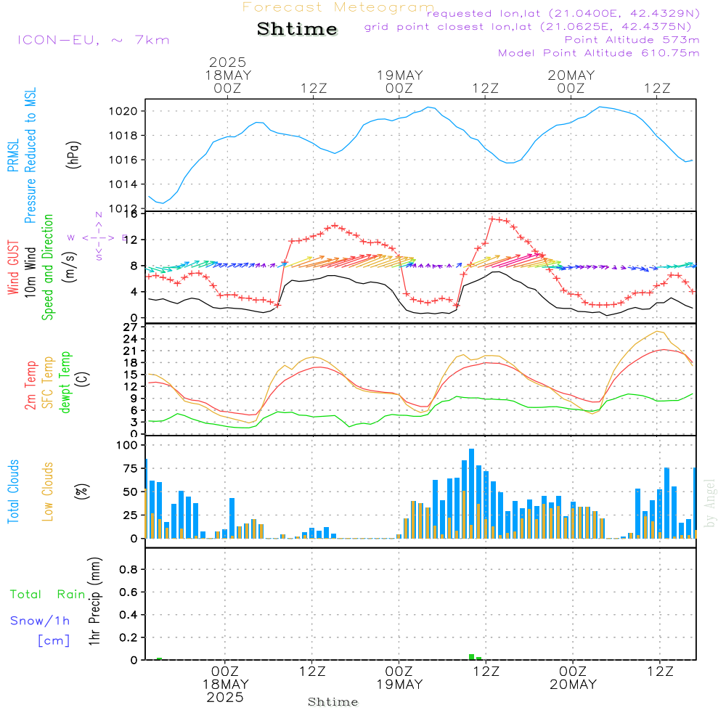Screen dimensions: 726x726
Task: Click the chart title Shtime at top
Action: tap(298, 30)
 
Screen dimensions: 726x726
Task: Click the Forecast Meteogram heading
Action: tap(338, 8)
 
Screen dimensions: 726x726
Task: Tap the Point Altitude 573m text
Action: tap(632, 40)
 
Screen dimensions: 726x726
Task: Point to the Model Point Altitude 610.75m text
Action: tap(598, 53)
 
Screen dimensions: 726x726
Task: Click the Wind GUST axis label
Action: tap(14, 269)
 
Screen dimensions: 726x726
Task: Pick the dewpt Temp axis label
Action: tap(65, 383)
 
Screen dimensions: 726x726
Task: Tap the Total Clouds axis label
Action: tap(14, 492)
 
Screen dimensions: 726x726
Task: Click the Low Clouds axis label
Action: tap(48, 492)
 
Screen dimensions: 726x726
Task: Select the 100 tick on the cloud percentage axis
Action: tap(127, 445)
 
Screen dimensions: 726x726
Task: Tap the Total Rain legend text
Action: tap(48, 595)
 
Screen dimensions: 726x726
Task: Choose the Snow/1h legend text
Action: tap(40, 621)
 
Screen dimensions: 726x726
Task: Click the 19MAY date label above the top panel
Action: tap(399, 76)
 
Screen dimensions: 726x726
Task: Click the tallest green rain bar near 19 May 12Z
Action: tap(471, 656)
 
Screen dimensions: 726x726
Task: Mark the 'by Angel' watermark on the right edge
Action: tap(711, 504)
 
